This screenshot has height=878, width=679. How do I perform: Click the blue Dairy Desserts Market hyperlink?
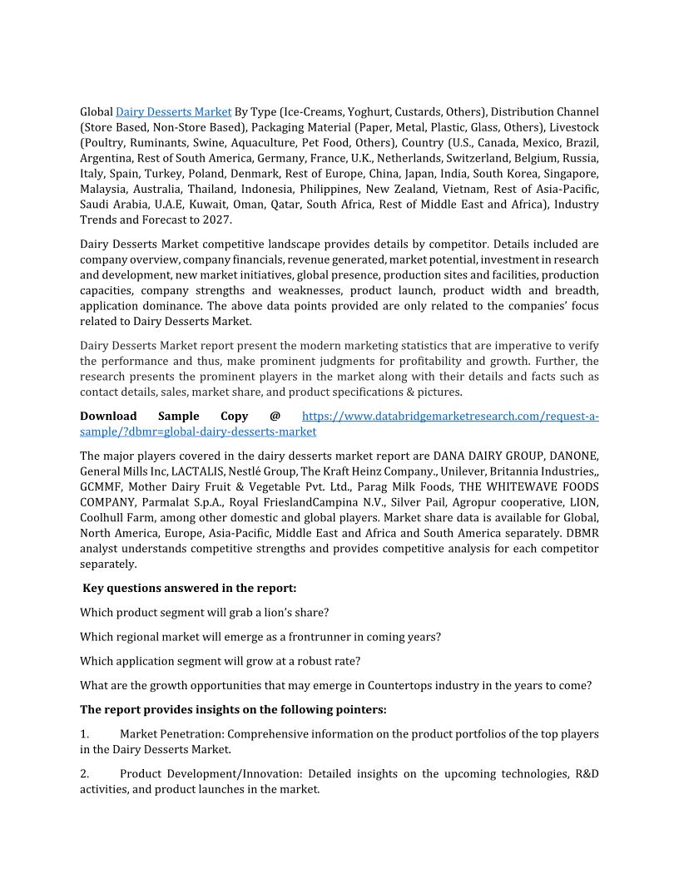pos(173,111)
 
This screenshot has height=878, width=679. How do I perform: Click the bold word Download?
pos(108,416)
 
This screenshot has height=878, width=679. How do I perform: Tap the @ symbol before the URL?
pos(275,416)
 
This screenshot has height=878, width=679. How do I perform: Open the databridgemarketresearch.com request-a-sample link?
pos(449,416)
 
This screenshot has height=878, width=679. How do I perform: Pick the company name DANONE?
pos(575,456)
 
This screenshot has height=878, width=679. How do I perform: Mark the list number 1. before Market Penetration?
pos(84,734)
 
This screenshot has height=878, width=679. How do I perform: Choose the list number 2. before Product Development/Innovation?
pos(84,774)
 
